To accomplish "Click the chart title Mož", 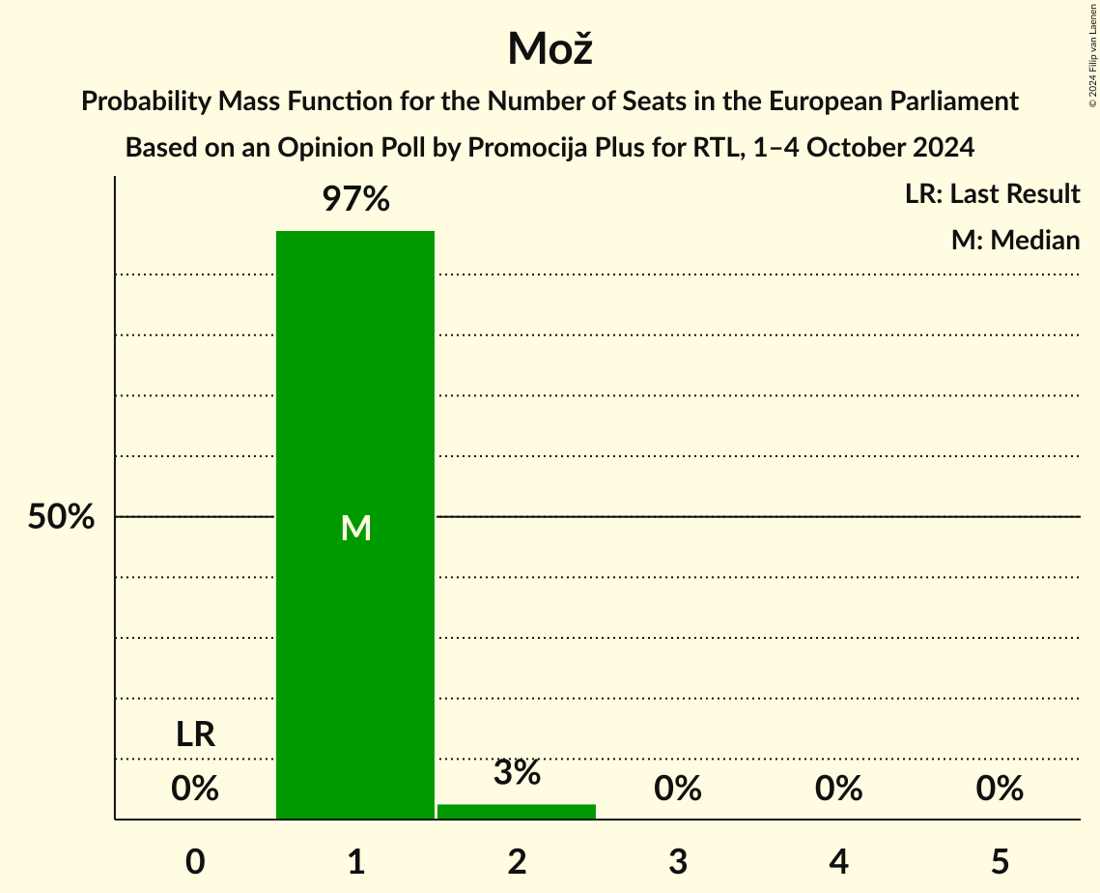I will [549, 48].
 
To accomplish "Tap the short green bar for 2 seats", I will [517, 812].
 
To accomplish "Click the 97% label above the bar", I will [355, 200].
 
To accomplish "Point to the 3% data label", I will [517, 773].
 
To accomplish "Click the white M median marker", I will [355, 528].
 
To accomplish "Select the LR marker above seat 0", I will [195, 735].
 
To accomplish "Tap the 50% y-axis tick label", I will [61, 517].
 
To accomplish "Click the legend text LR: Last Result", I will [992, 194].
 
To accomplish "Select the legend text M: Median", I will [1015, 240].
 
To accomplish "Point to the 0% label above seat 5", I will [1000, 790].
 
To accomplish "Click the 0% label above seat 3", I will [678, 790].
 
